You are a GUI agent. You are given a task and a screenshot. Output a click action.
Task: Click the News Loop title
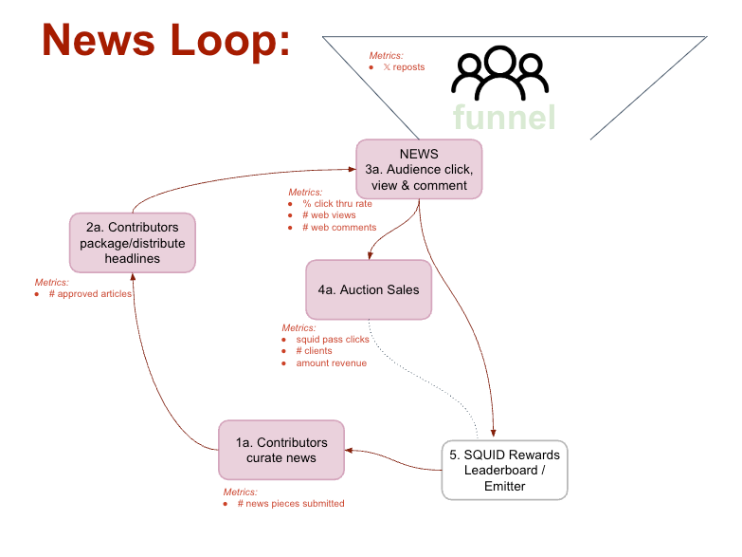[x=166, y=41]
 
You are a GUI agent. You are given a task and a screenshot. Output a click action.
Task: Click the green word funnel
[x=503, y=118]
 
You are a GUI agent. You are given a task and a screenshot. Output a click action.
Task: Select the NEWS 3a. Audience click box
[x=419, y=169]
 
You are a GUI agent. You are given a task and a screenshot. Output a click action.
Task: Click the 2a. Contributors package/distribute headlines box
[x=132, y=243]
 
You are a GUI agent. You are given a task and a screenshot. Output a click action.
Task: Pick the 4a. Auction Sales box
[x=369, y=289]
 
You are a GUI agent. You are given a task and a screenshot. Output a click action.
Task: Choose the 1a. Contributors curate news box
[x=281, y=450]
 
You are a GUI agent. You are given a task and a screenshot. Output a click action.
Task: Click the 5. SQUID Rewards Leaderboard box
[x=504, y=470]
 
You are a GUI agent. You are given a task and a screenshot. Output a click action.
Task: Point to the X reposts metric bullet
[x=403, y=67]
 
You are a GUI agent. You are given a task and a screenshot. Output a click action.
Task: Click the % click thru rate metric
[x=336, y=204]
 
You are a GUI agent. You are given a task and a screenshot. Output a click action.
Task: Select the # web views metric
[x=329, y=215]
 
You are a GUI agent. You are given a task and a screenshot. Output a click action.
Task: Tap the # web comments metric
[x=338, y=228]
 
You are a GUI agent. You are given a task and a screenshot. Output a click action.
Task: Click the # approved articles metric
[x=90, y=294]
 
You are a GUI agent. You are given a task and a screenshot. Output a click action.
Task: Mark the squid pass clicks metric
[x=332, y=339]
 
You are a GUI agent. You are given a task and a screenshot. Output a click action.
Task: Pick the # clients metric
[x=314, y=351]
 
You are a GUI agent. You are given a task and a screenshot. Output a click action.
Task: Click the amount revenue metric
[x=331, y=363]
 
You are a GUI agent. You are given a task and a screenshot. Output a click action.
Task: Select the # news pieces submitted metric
[x=290, y=503]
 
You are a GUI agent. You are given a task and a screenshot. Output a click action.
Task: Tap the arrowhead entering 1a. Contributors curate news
[x=349, y=451]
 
